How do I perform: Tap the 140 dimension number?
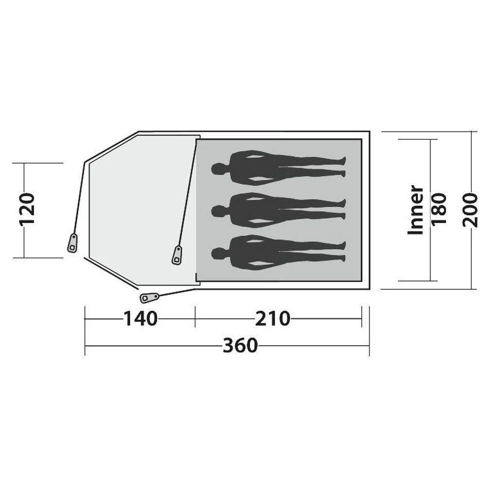(x=140, y=319)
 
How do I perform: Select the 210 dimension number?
(x=273, y=319)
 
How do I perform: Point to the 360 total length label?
(x=240, y=345)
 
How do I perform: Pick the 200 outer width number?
(x=470, y=209)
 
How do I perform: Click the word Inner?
(x=415, y=209)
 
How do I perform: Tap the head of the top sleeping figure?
(x=217, y=169)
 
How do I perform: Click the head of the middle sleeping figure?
(x=217, y=211)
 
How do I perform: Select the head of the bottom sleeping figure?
(x=217, y=253)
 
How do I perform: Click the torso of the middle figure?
(x=253, y=210)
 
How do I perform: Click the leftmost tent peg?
(x=73, y=243)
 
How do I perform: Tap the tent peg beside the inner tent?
(x=177, y=255)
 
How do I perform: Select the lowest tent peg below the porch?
(x=149, y=297)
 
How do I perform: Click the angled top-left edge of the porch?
(x=111, y=146)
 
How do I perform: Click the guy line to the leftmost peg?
(x=79, y=200)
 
